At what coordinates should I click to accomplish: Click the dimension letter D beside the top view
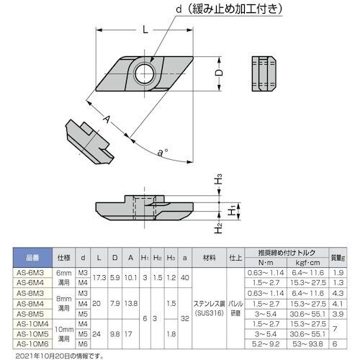tap(219, 73)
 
